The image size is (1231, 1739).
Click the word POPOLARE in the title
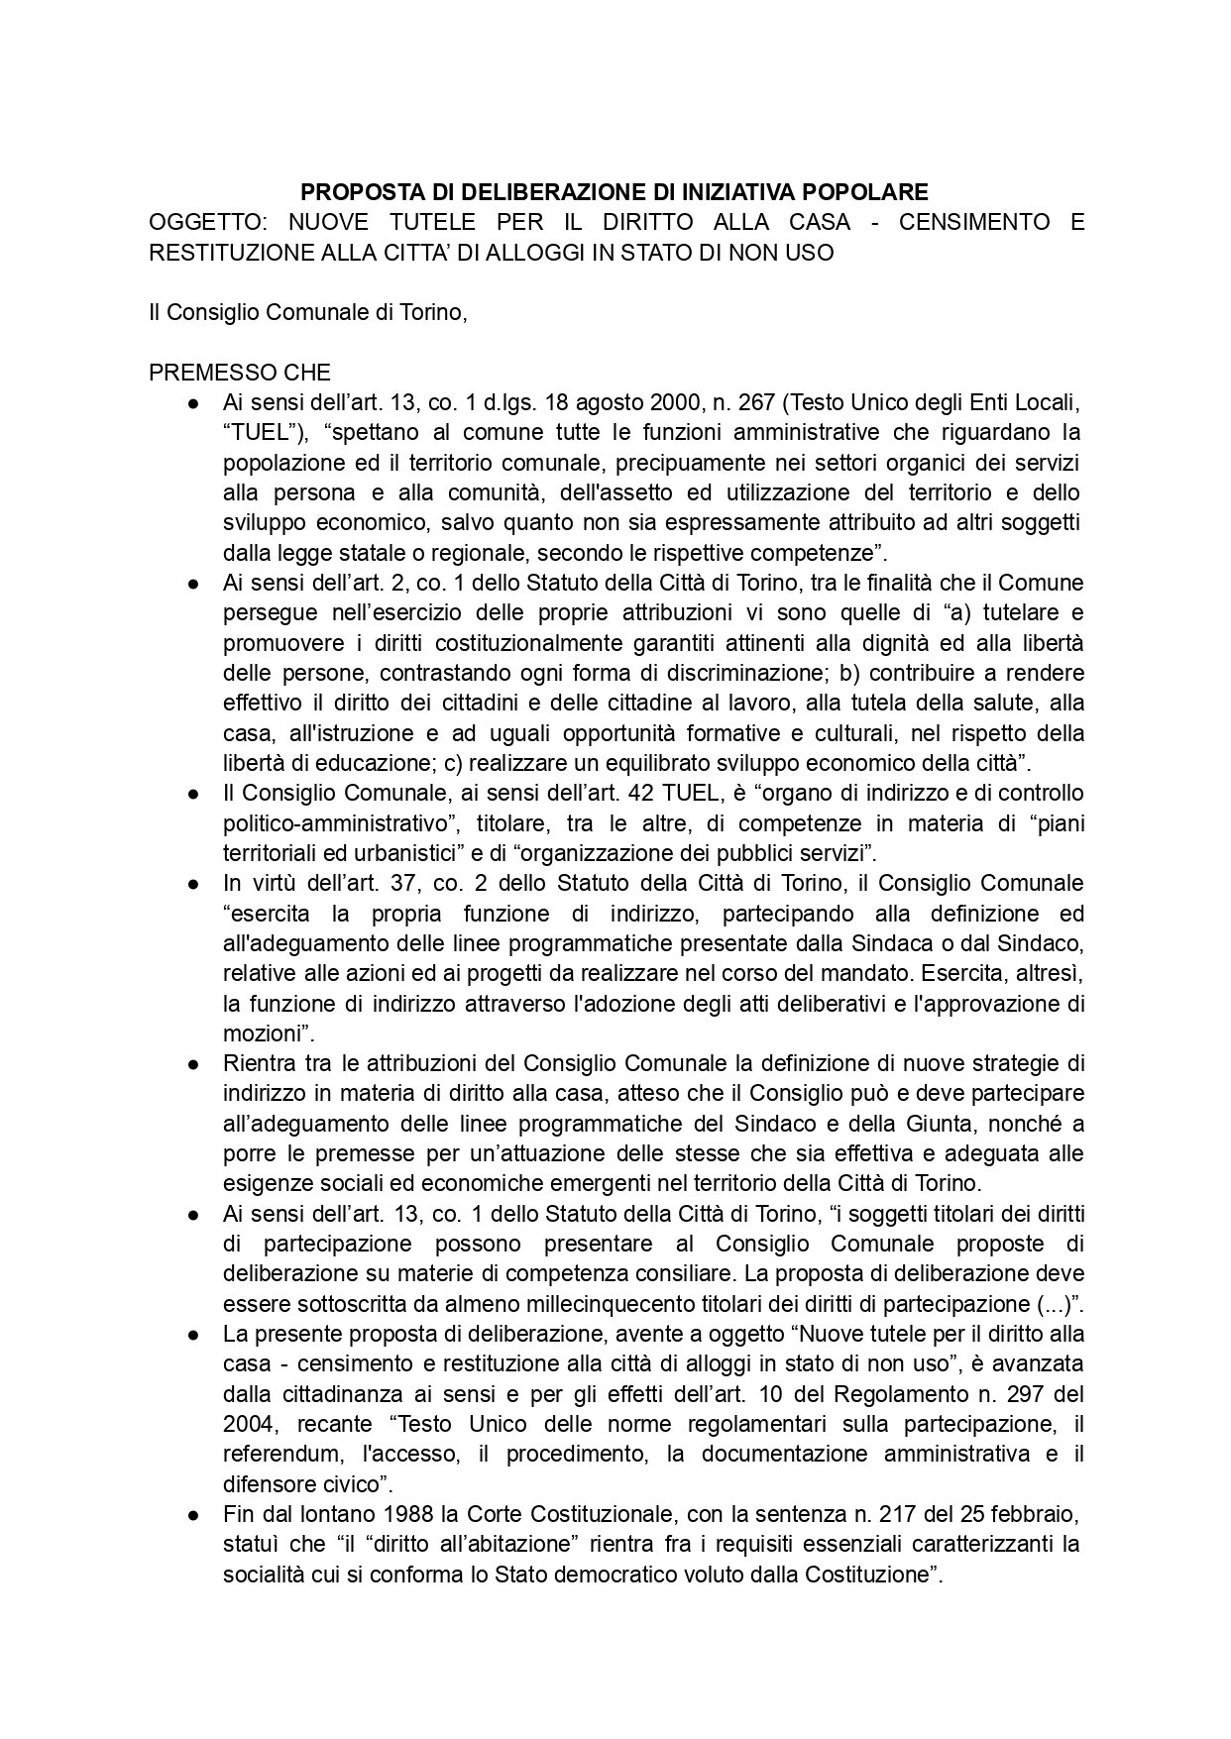(x=862, y=191)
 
